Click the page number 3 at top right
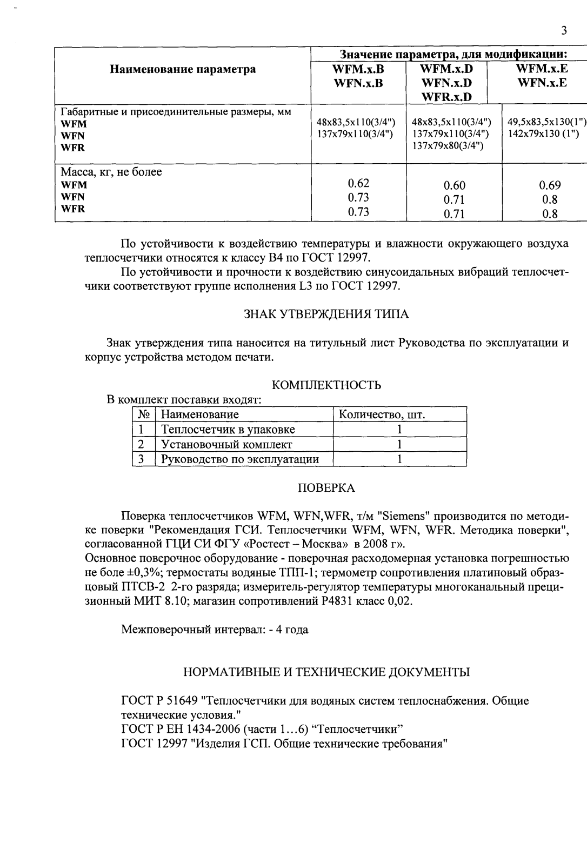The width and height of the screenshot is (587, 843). click(564, 31)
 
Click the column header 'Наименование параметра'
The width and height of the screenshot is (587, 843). click(183, 69)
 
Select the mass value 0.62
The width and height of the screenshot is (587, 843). click(358, 183)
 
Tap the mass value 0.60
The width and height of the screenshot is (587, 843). click(454, 186)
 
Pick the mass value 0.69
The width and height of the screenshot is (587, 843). click(550, 185)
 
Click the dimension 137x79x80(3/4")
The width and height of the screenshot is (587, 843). click(448, 145)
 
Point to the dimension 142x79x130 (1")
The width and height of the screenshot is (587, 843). click(543, 133)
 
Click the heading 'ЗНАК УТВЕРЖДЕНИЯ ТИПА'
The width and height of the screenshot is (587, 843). click(326, 315)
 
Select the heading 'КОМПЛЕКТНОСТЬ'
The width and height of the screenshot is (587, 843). click(326, 385)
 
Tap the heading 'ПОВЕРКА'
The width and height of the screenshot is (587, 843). click(326, 489)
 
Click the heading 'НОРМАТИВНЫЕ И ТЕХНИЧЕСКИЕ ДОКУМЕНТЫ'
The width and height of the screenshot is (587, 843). click(326, 672)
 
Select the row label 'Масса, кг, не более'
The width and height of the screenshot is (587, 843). click(111, 172)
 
